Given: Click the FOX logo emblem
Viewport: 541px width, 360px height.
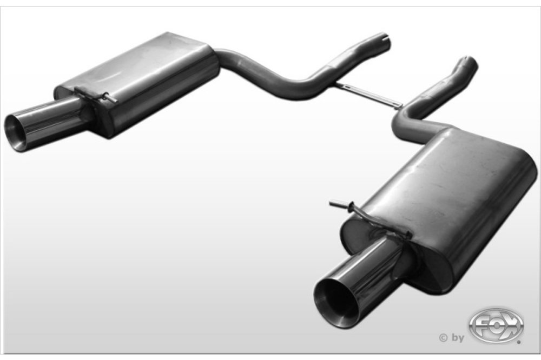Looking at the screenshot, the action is pyautogui.click(x=496, y=326).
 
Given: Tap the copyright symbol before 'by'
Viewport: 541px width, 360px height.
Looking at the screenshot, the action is pyautogui.click(x=443, y=338).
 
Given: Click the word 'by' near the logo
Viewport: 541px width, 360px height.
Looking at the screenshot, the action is pyautogui.click(x=458, y=338).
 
